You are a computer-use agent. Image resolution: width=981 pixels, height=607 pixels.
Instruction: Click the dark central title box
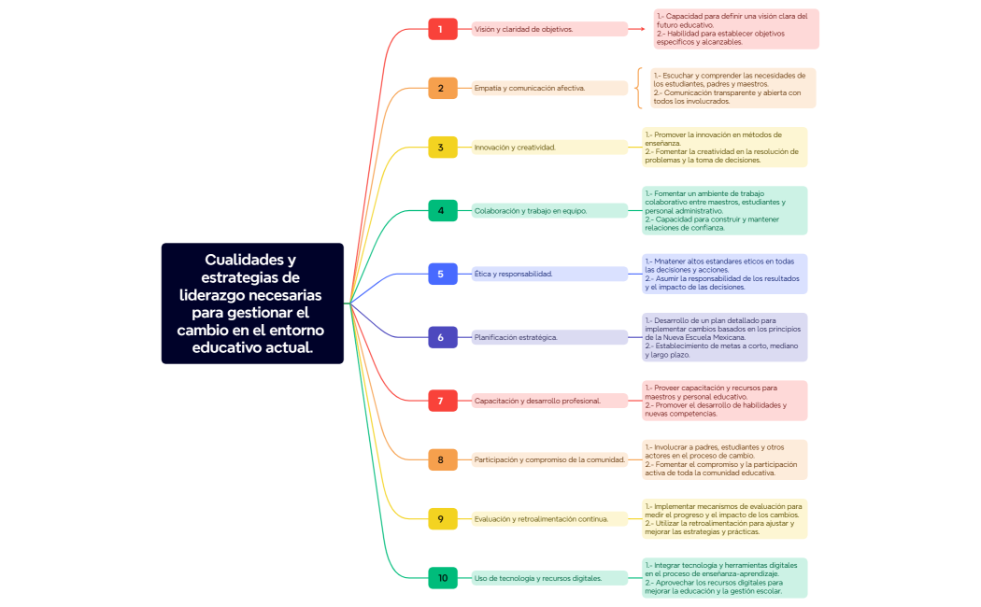coord(252,303)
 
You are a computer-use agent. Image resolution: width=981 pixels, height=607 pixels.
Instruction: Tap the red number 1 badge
coord(442,29)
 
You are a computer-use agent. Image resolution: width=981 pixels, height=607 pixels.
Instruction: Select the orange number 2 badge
coord(442,88)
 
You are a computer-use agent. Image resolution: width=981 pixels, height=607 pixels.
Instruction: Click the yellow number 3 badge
coord(442,147)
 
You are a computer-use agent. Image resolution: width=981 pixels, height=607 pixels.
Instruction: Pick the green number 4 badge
coord(442,210)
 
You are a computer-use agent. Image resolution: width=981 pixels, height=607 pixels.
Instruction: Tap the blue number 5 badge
coord(442,274)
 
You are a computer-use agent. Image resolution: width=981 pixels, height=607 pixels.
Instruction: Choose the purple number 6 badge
coord(442,337)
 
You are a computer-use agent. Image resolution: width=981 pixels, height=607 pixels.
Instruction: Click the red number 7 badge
coord(442,401)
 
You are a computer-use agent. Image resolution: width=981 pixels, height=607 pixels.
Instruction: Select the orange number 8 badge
coord(442,459)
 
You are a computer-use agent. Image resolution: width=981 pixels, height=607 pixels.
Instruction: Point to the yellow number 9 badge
coord(442,518)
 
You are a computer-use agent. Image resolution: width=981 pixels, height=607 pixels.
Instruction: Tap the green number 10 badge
coord(442,578)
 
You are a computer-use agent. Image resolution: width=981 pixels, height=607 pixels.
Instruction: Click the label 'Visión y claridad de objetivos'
coord(524,29)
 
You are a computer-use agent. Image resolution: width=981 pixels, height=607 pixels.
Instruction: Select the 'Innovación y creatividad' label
coord(516,147)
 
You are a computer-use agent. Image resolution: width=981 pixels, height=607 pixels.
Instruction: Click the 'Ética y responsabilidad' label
coord(514,274)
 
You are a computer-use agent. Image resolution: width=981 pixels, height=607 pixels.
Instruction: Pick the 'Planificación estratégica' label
coord(517,337)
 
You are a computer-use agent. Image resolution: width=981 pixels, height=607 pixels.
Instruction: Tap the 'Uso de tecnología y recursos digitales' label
coord(538,578)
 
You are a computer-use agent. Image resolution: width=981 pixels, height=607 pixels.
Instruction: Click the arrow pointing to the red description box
coord(637,29)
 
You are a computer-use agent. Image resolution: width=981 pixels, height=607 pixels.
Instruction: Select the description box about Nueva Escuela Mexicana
coord(724,337)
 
